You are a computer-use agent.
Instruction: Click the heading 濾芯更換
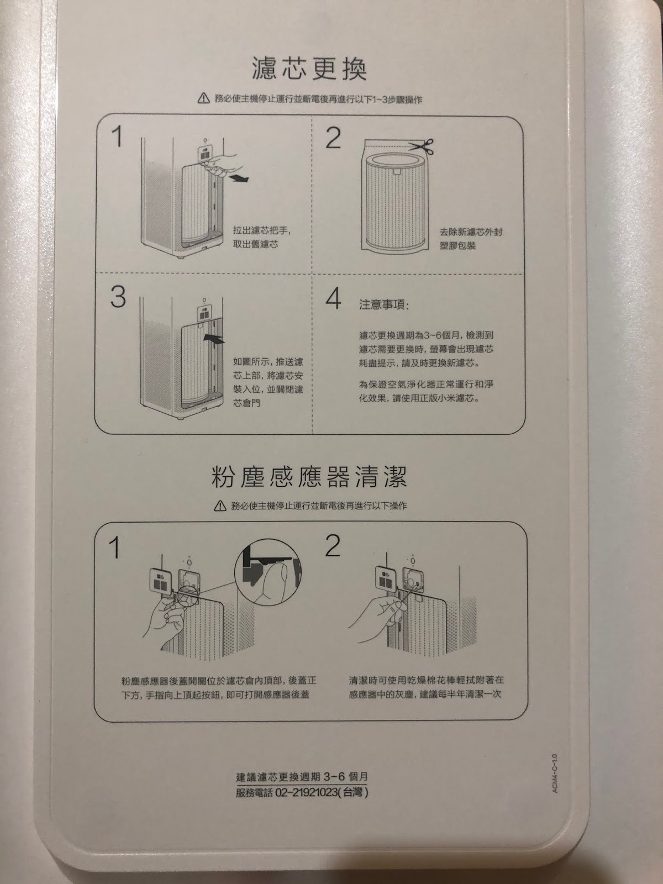point(309,69)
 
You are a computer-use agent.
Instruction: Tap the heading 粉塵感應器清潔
point(309,477)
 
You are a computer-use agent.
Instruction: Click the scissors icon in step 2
point(421,146)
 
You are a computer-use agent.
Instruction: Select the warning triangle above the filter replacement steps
point(204,98)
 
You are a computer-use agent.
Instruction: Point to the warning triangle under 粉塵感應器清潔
point(220,506)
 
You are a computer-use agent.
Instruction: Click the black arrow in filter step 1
point(238,177)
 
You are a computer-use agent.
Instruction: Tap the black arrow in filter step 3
point(214,339)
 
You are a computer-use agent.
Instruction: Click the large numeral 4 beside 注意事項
point(333,298)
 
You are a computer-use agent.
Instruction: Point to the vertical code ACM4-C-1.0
point(555,773)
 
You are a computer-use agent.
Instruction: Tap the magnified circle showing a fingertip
point(267,571)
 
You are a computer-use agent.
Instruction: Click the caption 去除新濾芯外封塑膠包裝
point(470,239)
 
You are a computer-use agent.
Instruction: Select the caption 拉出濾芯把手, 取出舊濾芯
point(262,237)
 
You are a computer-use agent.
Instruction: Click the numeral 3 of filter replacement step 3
point(118,298)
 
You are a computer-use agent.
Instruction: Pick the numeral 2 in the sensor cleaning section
point(333,546)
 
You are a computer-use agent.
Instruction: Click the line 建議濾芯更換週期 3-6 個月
point(302,777)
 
